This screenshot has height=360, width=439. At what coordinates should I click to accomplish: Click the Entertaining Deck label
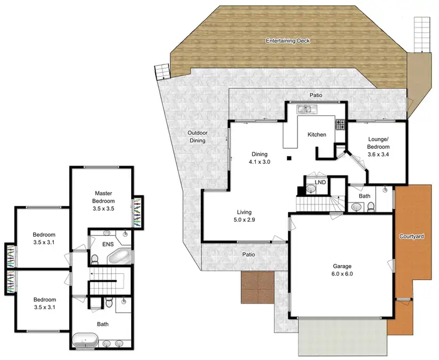(287, 41)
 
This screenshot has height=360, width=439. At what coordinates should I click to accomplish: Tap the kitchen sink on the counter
(306, 108)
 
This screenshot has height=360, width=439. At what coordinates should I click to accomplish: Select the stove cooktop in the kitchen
(339, 124)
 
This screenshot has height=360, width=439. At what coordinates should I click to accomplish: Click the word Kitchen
(317, 135)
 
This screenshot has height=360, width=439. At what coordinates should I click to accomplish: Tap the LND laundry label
(320, 183)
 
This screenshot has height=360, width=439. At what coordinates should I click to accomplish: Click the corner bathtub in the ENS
(121, 256)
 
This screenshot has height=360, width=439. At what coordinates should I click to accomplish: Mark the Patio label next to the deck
(316, 95)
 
